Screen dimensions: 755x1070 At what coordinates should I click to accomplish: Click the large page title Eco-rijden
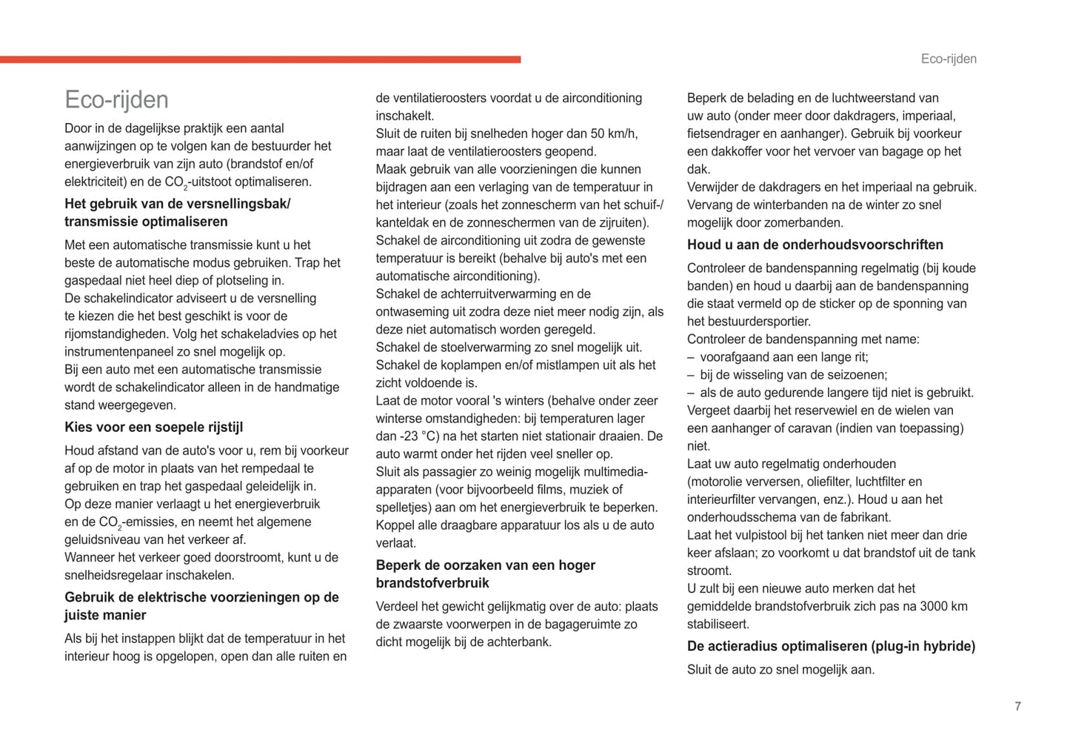tap(116, 100)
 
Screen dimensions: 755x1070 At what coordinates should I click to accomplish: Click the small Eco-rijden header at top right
tap(949, 59)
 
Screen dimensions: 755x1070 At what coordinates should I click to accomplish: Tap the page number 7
tap(1017, 706)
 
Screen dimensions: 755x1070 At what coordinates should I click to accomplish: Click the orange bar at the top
tap(260, 59)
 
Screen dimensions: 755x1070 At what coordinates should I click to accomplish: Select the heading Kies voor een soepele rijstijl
tap(153, 428)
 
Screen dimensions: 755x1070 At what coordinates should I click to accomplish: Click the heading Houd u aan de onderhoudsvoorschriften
tap(815, 245)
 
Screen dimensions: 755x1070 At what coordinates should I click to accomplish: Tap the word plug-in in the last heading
tap(896, 647)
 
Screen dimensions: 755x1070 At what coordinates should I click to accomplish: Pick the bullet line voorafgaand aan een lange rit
tap(783, 357)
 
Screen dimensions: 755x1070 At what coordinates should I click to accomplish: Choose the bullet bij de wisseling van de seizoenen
tap(793, 375)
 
